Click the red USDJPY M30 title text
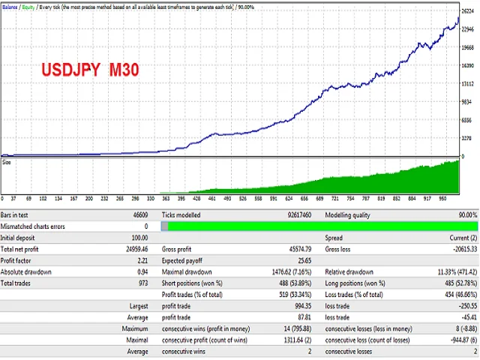tap(89, 70)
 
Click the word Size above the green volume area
tap(7, 160)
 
